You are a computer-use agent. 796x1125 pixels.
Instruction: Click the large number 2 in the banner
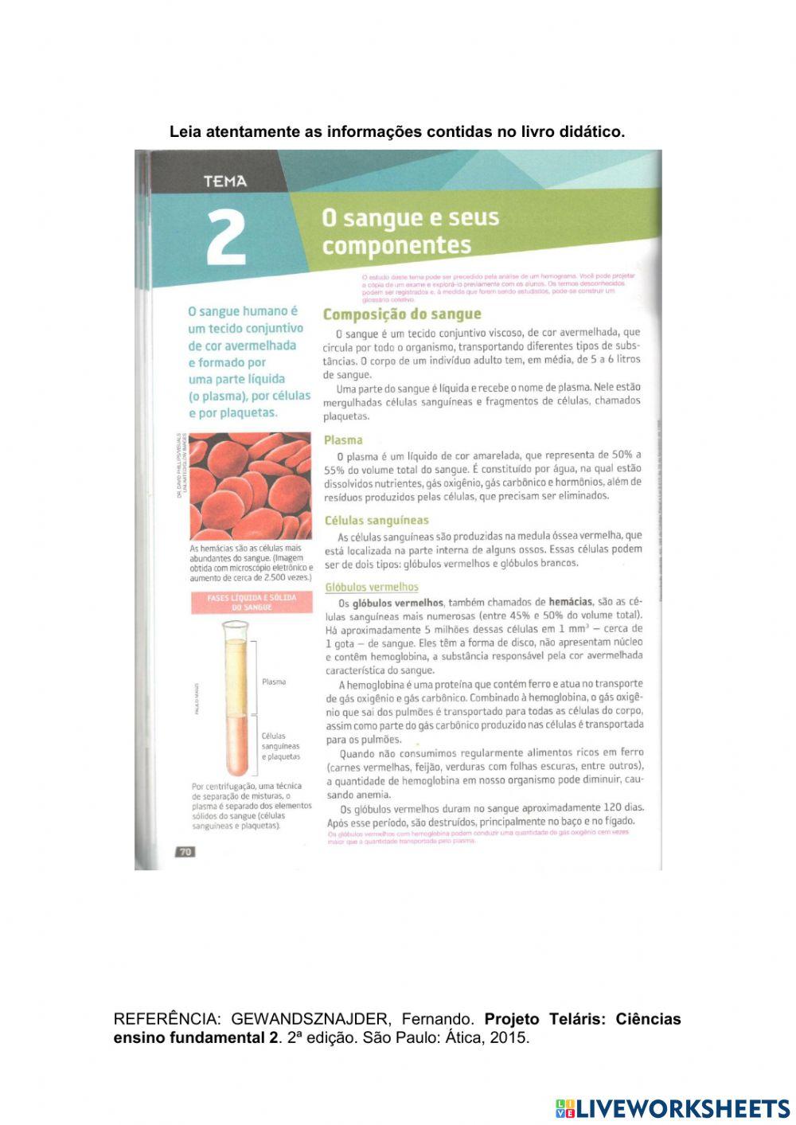pyautogui.click(x=226, y=237)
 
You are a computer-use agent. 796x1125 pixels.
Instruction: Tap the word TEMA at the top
pyautogui.click(x=225, y=182)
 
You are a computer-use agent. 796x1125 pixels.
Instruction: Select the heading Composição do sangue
pyautogui.click(x=402, y=314)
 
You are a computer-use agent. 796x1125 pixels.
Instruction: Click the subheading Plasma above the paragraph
pyautogui.click(x=343, y=439)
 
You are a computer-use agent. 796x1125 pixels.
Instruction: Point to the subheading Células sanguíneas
pyautogui.click(x=377, y=521)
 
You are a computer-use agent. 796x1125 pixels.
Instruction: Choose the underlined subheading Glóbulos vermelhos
pyautogui.click(x=372, y=588)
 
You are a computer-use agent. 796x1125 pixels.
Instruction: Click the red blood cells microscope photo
pyautogui.click(x=251, y=486)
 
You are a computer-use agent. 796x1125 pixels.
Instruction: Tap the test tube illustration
pyautogui.click(x=236, y=698)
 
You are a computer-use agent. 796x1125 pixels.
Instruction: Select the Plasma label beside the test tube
pyautogui.click(x=274, y=682)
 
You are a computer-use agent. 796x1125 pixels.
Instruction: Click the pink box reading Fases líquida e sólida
pyautogui.click(x=252, y=602)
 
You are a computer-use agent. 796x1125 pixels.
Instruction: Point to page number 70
pyautogui.click(x=185, y=852)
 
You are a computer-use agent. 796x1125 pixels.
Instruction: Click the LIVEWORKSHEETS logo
pyautogui.click(x=673, y=1108)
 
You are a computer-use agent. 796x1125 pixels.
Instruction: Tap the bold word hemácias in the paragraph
pyautogui.click(x=570, y=602)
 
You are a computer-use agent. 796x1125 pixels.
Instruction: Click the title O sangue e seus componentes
pyautogui.click(x=410, y=231)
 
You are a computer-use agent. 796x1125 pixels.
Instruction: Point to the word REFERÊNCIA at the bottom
pyautogui.click(x=166, y=1019)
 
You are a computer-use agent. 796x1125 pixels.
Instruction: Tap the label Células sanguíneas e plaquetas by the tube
pyautogui.click(x=281, y=746)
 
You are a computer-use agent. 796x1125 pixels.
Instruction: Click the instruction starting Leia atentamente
pyautogui.click(x=397, y=132)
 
